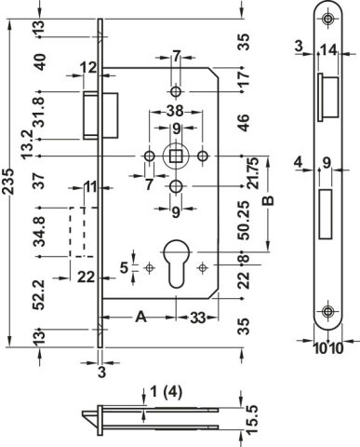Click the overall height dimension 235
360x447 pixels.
(8, 182)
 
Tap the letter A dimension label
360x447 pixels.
(141, 318)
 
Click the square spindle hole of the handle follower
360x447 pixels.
(176, 156)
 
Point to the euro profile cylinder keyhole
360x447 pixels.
(176, 263)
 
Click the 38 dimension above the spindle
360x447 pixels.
(175, 111)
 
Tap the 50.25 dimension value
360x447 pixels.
(244, 221)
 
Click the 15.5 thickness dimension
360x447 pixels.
(252, 419)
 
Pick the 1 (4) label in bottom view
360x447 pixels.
(166, 392)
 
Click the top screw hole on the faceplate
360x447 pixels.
(327, 19)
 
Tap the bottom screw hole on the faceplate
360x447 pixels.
(327, 311)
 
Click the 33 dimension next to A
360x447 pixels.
(198, 318)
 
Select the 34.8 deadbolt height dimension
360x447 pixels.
(40, 232)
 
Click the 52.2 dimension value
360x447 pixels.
(40, 295)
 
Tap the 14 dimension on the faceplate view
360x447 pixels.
(328, 50)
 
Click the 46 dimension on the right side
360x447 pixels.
(244, 123)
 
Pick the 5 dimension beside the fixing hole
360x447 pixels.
(125, 267)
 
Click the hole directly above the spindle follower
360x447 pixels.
(176, 91)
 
